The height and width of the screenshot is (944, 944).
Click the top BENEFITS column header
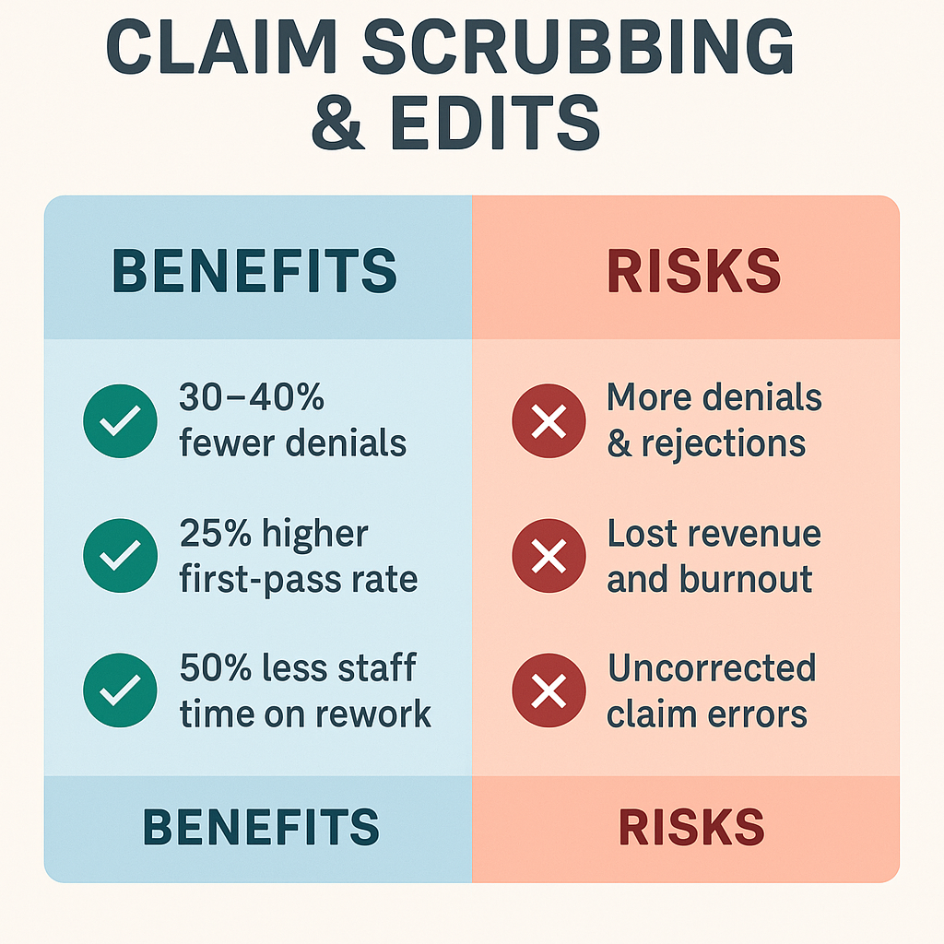254,270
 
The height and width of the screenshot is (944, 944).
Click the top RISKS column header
693,270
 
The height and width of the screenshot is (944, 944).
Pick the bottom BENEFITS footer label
261,827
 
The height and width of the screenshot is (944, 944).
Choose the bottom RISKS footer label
690,827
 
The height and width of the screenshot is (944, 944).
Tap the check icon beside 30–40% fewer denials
120,421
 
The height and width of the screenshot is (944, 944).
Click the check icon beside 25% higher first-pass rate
120,556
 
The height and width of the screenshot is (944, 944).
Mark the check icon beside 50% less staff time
120,690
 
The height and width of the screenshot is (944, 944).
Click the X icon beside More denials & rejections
549,421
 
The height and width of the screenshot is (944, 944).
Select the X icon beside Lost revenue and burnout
549,556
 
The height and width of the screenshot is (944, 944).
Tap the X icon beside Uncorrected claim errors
549,690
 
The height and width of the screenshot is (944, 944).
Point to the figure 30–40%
252,398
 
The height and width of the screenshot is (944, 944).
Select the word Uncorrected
711,667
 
